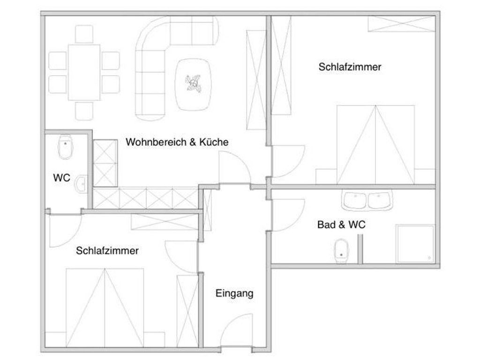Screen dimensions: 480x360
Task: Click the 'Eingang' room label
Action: (234, 293)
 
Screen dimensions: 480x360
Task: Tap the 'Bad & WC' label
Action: (341, 225)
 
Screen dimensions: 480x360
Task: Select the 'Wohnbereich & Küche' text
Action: (177, 142)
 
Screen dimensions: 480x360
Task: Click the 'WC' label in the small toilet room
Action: (61, 178)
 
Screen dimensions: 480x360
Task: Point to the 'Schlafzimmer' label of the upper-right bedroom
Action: (350, 67)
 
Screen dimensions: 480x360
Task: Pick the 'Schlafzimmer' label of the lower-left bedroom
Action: (107, 251)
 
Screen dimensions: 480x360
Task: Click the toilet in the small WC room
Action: (65, 147)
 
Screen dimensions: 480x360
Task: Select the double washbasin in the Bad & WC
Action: (367, 200)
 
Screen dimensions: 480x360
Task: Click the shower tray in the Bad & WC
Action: (415, 244)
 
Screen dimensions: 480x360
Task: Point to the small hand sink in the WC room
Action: (82, 184)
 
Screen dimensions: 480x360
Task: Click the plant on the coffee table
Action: (193, 83)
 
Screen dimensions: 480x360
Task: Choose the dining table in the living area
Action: (84, 72)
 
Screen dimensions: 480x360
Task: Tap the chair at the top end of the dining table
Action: (84, 34)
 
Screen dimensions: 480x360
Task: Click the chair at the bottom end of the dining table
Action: (84, 111)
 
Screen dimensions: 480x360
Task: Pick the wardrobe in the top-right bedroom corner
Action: (401, 23)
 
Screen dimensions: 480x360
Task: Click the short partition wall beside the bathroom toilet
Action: (360, 249)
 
